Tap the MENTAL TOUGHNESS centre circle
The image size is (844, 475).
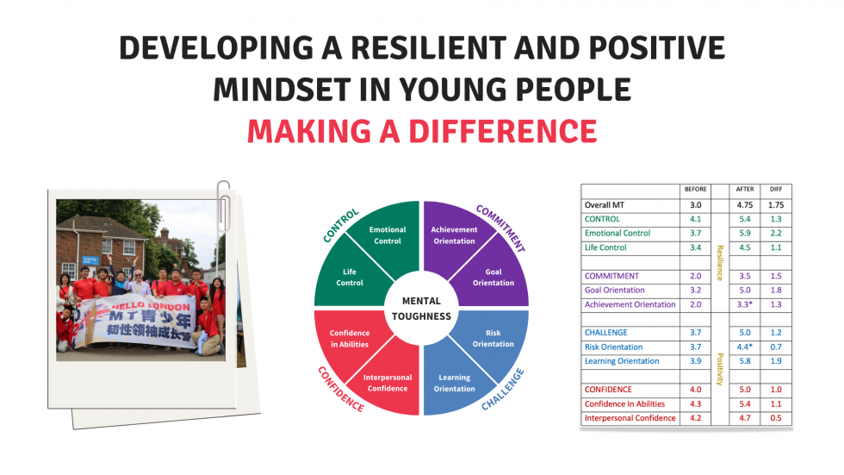[420, 308]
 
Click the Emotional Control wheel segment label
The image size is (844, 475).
[387, 235]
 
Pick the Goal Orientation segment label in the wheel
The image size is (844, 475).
[493, 278]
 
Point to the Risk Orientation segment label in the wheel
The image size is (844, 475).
[493, 338]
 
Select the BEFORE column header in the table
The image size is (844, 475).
[695, 190]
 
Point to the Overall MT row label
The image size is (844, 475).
[612, 205]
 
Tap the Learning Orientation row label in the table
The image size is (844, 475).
[622, 361]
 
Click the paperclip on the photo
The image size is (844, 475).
[224, 200]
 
